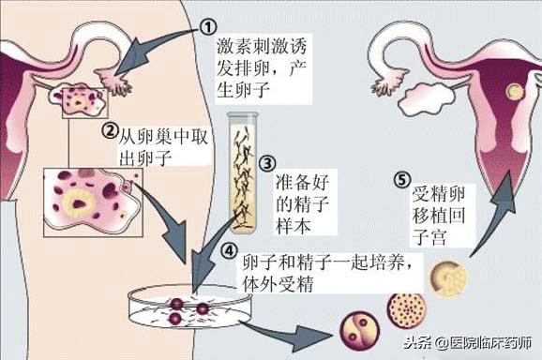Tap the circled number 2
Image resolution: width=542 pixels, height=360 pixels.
pyautogui.click(x=111, y=131)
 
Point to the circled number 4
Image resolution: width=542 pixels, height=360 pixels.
pyautogui.click(x=228, y=250)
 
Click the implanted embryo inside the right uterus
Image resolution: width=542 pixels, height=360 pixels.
pyautogui.click(x=513, y=93)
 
